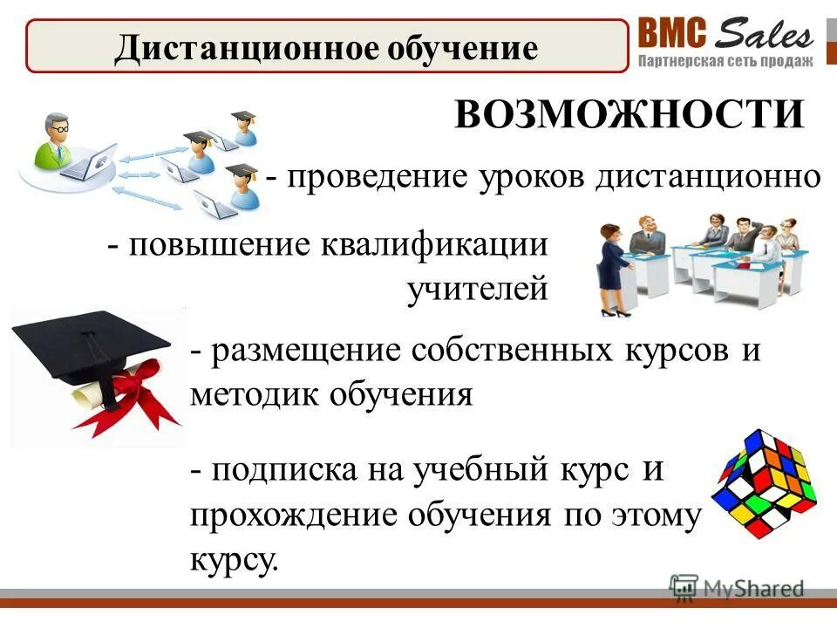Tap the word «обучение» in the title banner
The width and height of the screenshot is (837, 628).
click(x=459, y=47)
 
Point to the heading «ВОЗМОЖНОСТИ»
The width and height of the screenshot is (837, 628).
click(x=629, y=114)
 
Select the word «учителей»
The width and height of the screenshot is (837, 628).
click(x=478, y=289)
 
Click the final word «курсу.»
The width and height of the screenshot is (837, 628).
click(x=234, y=558)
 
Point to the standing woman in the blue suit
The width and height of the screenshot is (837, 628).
click(x=610, y=266)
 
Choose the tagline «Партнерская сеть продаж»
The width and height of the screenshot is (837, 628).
click(x=725, y=61)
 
